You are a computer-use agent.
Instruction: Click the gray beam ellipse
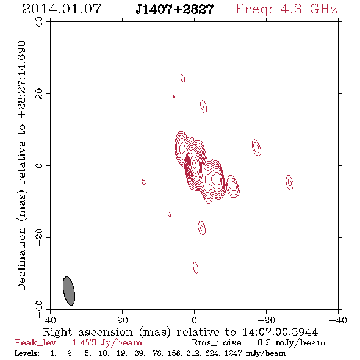(x=69, y=291)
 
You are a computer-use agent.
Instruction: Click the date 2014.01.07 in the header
(x=62, y=9)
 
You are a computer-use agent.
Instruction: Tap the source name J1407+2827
(x=175, y=9)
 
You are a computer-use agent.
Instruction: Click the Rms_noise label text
(x=220, y=343)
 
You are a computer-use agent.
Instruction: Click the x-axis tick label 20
(x=122, y=320)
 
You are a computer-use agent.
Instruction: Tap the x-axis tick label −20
(x=265, y=320)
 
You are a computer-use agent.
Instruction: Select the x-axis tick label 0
(x=194, y=320)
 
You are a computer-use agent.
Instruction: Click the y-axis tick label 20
(x=39, y=94)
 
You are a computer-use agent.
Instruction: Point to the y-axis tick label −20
(x=39, y=237)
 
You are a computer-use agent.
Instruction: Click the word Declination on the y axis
(x=21, y=259)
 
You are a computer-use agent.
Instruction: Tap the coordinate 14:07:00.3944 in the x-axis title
(x=280, y=332)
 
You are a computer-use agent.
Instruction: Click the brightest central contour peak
(x=195, y=164)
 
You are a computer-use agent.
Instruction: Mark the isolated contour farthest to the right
(x=289, y=182)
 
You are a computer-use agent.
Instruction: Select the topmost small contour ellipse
(x=183, y=78)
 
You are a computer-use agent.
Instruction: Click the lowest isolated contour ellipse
(x=195, y=268)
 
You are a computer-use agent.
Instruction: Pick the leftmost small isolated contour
(x=144, y=182)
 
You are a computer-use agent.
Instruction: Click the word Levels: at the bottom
(x=27, y=353)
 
